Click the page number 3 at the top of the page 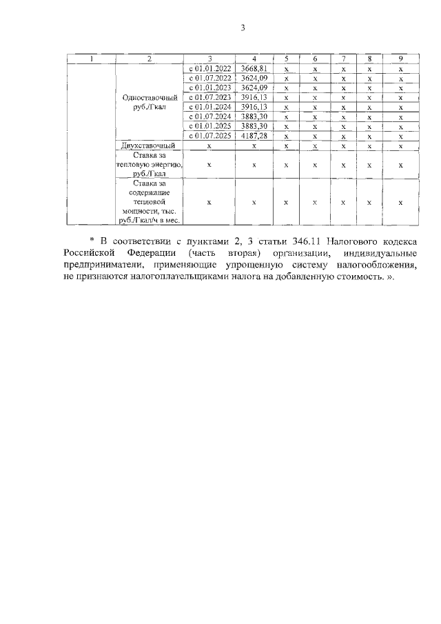pyautogui.click(x=243, y=28)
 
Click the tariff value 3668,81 pyautogui.click(x=254, y=70)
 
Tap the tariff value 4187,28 pyautogui.click(x=254, y=136)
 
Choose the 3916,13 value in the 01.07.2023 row pyautogui.click(x=254, y=98)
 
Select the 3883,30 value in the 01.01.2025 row pyautogui.click(x=254, y=126)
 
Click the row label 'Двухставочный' pyautogui.click(x=149, y=145)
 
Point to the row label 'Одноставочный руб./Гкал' pyautogui.click(x=149, y=102)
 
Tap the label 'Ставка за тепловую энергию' pyautogui.click(x=149, y=165)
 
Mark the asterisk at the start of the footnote pyautogui.click(x=92, y=241)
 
